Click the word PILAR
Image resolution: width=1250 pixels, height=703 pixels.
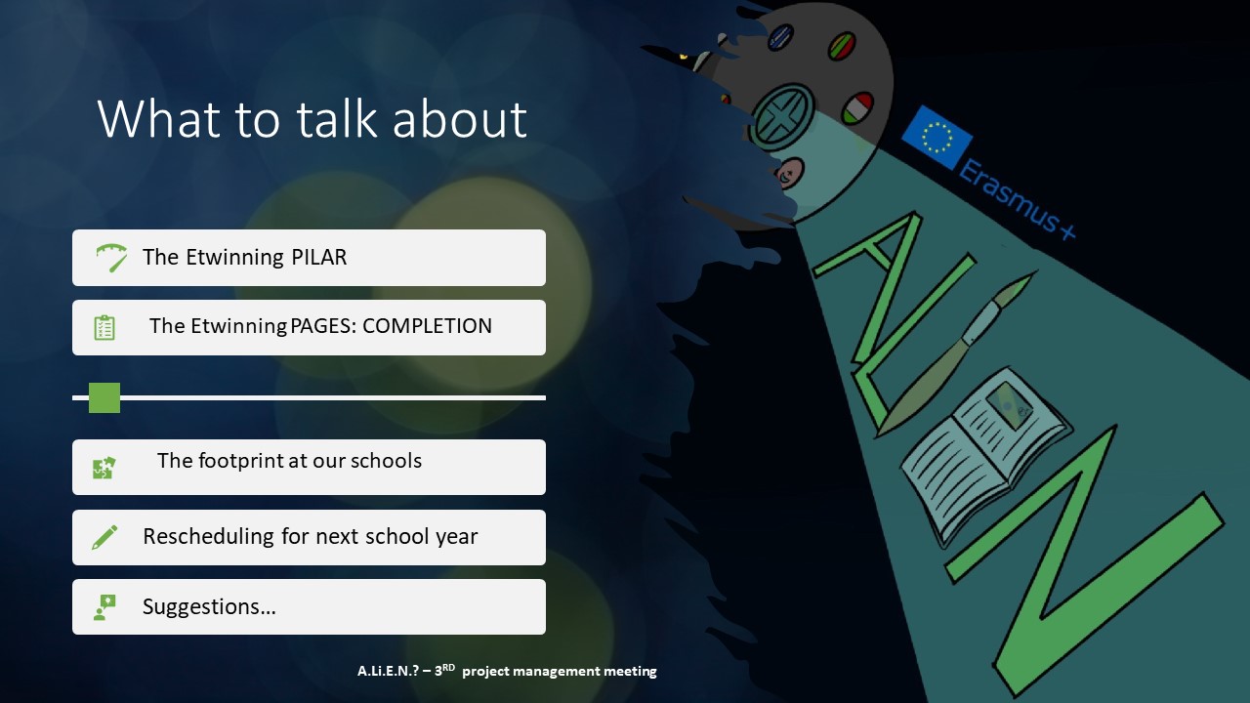[318, 257]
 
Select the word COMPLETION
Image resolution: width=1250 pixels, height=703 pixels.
[427, 326]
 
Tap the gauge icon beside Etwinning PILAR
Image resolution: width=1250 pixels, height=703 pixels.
[111, 258]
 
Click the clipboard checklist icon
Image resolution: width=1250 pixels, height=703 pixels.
[104, 327]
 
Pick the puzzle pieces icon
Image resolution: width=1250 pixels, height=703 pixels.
[104, 468]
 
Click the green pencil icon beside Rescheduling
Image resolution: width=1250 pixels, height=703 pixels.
[104, 537]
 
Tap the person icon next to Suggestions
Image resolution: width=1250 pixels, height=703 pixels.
[104, 607]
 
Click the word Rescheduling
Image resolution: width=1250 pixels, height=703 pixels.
[209, 536]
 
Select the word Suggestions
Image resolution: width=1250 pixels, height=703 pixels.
[209, 607]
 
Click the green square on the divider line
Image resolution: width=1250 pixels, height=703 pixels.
[104, 397]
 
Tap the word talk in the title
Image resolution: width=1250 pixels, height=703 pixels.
[337, 119]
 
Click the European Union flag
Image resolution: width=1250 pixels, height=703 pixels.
[937, 138]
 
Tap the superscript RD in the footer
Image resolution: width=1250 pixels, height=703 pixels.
[448, 667]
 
